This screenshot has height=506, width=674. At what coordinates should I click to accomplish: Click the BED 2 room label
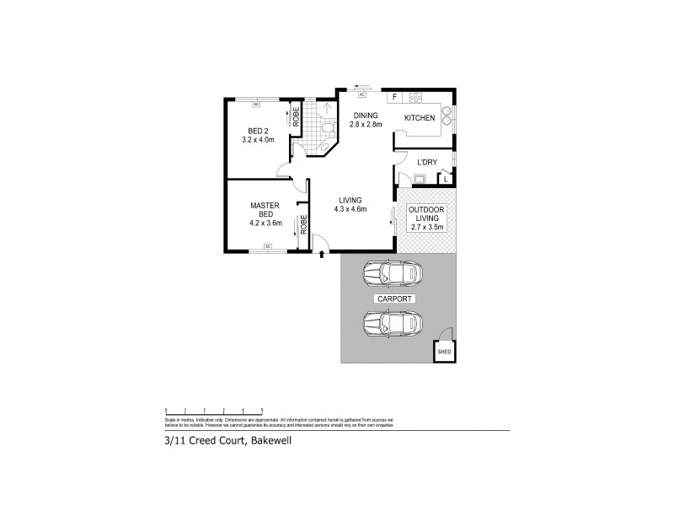[258, 131]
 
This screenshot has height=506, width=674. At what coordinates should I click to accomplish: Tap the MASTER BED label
[264, 209]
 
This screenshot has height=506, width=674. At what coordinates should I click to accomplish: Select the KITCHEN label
[419, 118]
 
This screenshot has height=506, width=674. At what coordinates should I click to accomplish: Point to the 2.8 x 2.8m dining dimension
[366, 125]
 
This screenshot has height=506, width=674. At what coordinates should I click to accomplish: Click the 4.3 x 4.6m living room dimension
[350, 209]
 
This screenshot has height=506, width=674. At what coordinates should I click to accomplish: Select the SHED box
[444, 351]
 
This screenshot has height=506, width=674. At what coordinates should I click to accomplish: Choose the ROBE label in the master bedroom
[303, 225]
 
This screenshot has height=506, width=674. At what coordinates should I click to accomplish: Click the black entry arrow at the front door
[324, 252]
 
